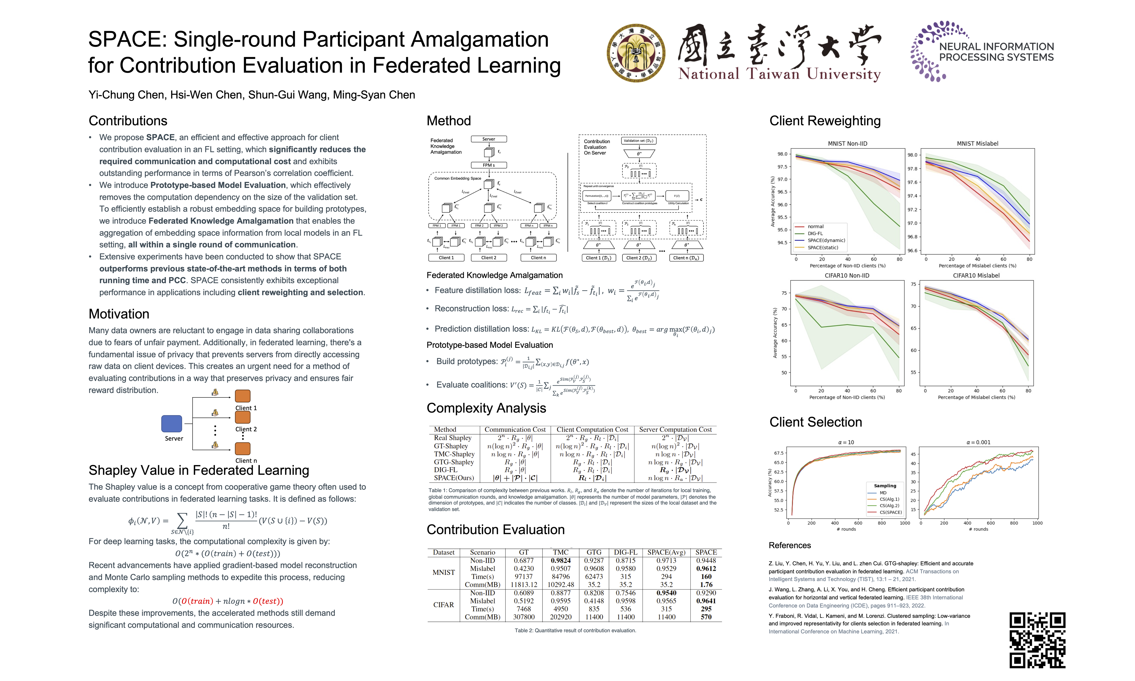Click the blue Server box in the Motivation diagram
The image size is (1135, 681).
[172, 423]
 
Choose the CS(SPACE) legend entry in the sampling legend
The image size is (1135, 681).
[890, 512]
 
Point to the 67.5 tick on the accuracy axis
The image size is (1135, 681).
[779, 453]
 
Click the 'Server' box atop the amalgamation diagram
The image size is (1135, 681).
[489, 139]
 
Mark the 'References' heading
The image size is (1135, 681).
[790, 545]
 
